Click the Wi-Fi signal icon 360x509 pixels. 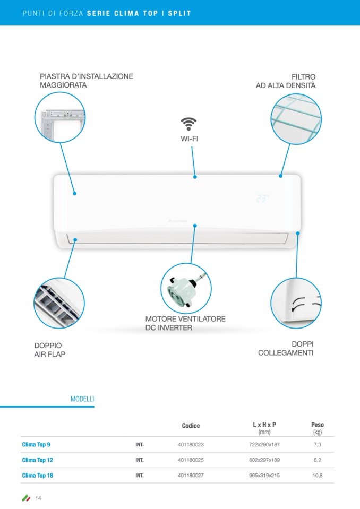(x=188, y=124)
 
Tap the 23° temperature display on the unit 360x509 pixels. (x=263, y=199)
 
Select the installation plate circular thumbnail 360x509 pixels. (x=60, y=117)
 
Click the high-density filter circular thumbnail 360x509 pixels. (x=296, y=119)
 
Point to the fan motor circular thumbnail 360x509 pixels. (x=186, y=288)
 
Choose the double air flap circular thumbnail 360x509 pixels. (x=59, y=303)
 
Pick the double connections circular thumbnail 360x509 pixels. (x=296, y=303)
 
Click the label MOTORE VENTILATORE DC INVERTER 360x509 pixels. (x=185, y=323)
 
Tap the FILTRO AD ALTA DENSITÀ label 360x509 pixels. (x=286, y=81)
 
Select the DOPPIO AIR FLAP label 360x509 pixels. (x=50, y=350)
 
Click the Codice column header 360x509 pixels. (x=191, y=426)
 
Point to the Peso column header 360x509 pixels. (x=318, y=428)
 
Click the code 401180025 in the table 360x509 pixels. (x=191, y=460)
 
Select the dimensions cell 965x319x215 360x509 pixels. (x=264, y=475)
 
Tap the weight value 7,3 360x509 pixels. (x=318, y=444)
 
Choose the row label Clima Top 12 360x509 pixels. (x=37, y=460)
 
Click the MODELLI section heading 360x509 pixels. (x=82, y=399)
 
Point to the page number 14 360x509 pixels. (x=38, y=498)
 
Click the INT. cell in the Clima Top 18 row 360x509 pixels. (x=140, y=475)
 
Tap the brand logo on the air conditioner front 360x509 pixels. (x=177, y=221)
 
